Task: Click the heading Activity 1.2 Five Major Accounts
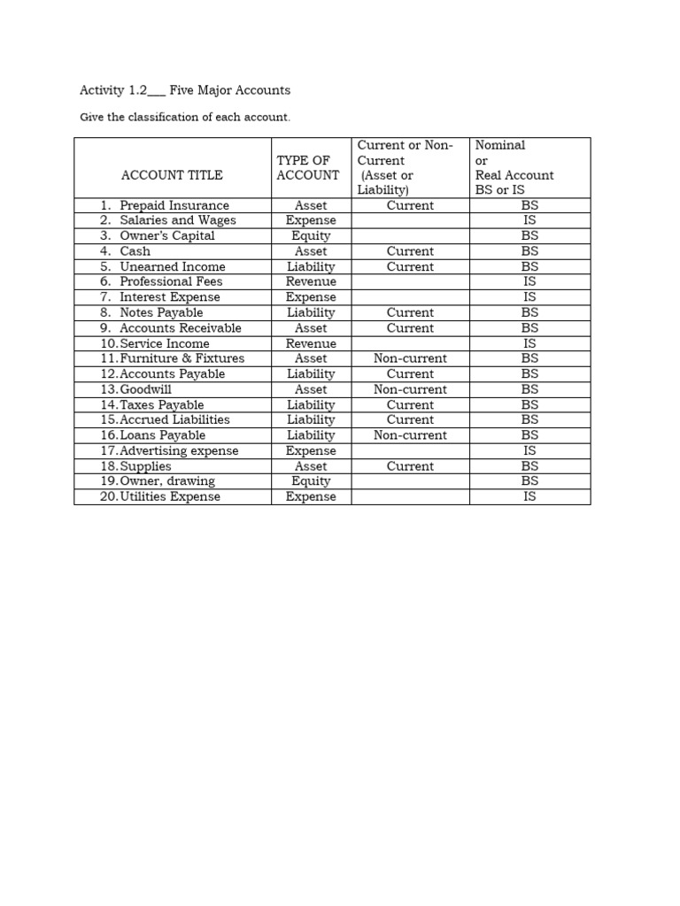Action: click(185, 90)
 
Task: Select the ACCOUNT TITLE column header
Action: click(172, 175)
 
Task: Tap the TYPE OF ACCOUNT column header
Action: click(308, 168)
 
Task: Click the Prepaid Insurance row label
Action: click(174, 205)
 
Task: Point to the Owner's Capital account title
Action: click(167, 236)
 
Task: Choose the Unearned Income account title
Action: click(173, 266)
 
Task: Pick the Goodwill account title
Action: click(147, 389)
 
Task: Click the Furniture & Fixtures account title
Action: click(182, 358)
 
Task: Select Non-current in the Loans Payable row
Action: click(410, 435)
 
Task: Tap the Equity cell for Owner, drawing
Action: click(311, 481)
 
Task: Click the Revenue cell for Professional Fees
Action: click(311, 281)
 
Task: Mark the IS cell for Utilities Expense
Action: click(529, 496)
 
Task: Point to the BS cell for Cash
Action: click(529, 251)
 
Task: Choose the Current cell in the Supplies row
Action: click(410, 466)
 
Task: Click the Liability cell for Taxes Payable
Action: click(311, 405)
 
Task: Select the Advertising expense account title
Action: click(179, 450)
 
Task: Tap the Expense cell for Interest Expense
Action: click(311, 297)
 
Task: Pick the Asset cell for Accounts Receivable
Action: click(311, 328)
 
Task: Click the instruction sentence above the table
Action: click(185, 118)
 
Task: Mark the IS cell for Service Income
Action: click(529, 343)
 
